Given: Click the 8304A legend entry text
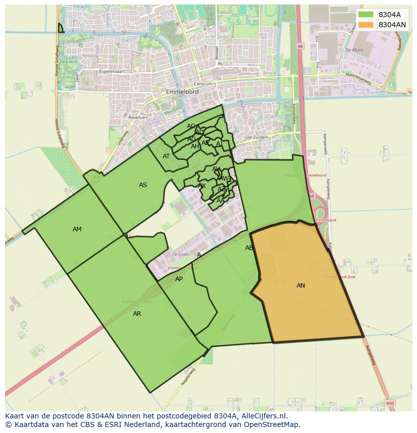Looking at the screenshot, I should click(x=389, y=15).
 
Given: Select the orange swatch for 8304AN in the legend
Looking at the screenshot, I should click(x=366, y=25).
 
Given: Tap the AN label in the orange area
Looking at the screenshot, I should click(x=301, y=286).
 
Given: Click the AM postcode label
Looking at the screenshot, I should click(x=77, y=229).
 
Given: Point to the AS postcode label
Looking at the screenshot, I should click(x=143, y=185).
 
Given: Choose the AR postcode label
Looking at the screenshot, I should click(x=137, y=314).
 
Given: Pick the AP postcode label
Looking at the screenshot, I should click(x=179, y=279).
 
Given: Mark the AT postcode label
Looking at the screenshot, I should click(x=166, y=156).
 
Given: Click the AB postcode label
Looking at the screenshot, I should click(x=249, y=248).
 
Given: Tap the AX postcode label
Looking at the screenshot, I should click(x=202, y=186).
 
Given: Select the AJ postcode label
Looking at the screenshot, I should click(x=220, y=144).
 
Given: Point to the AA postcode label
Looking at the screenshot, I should click(x=220, y=200).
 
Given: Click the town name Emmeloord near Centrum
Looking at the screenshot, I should click(x=182, y=92).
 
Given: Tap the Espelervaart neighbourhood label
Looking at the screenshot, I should click(x=112, y=71).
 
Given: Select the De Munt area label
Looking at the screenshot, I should click(x=354, y=50).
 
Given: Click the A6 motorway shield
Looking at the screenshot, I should click(x=300, y=46).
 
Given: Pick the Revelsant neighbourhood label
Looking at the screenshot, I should click(x=138, y=117).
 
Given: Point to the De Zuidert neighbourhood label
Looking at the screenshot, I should click(x=255, y=137).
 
